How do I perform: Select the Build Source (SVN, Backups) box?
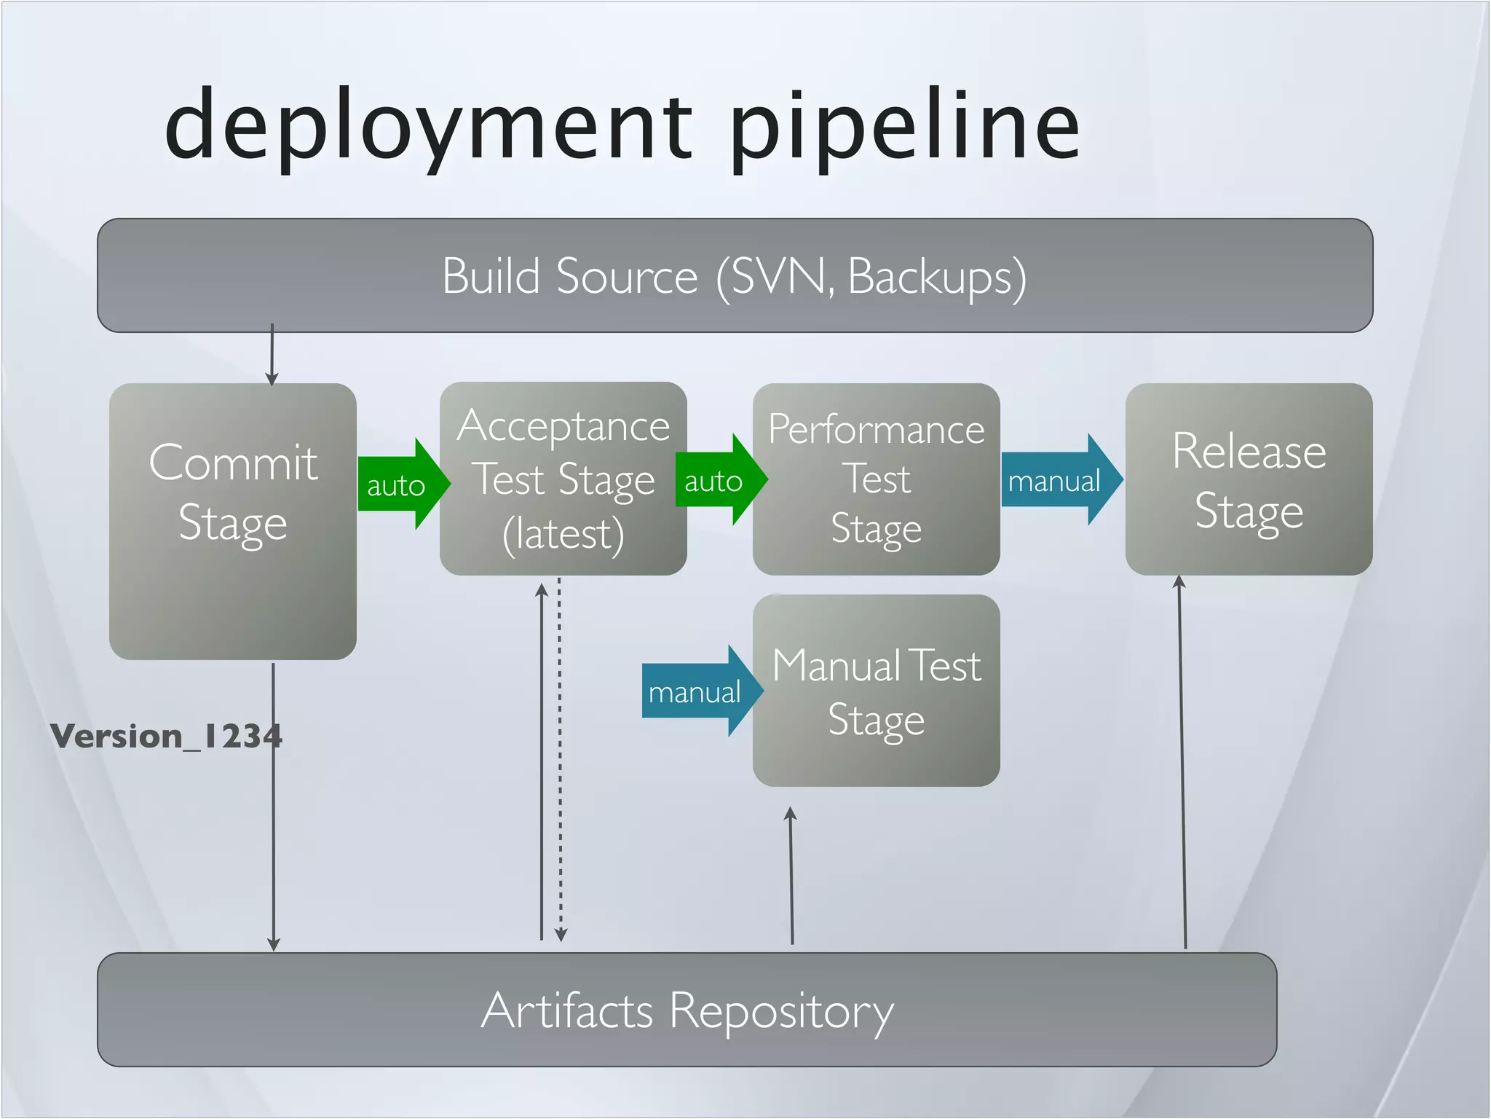pyautogui.click(x=735, y=275)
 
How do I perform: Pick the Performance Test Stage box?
pyautogui.click(x=876, y=479)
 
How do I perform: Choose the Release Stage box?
pyautogui.click(x=1249, y=479)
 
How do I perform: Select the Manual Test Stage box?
pyautogui.click(x=876, y=690)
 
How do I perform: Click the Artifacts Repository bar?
pyautogui.click(x=687, y=1010)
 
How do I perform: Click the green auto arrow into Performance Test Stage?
pyautogui.click(x=718, y=480)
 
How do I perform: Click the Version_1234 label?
pyautogui.click(x=166, y=736)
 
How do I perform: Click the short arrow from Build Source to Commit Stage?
pyautogui.click(x=272, y=356)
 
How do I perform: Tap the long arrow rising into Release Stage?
pyautogui.click(x=1182, y=765)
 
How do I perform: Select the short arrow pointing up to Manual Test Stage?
pyautogui.click(x=791, y=874)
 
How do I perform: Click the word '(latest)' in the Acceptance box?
pyautogui.click(x=563, y=534)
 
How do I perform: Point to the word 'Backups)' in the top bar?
pyautogui.click(x=938, y=277)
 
